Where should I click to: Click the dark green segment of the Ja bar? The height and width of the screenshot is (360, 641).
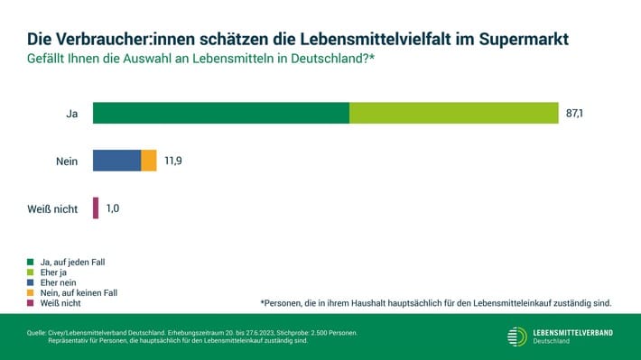pos(221,113)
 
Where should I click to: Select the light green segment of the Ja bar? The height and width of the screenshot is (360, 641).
pos(454,113)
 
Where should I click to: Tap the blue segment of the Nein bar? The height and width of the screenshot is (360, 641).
pos(117,161)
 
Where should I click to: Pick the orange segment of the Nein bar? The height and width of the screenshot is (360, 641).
pos(149,161)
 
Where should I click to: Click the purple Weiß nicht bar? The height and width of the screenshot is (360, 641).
pos(96,208)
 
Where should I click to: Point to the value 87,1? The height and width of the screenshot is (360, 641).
pos(574,113)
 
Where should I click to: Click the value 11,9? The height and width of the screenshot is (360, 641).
pos(173,161)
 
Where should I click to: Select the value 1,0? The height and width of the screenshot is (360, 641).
pos(113,208)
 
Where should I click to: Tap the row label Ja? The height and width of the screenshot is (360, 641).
pos(72,114)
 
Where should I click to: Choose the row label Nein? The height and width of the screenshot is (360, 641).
pos(67,162)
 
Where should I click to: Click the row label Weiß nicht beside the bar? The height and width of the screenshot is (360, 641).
pos(52,209)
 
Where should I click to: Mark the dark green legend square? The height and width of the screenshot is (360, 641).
pos(31,262)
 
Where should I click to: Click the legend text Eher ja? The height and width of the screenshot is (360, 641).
pos(53,272)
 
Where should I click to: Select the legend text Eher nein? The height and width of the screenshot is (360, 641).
pos(58,282)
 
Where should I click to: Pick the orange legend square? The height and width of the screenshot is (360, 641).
pos(31,292)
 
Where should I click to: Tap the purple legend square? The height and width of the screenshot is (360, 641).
pos(31,303)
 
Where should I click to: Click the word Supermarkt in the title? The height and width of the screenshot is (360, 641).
pos(524,39)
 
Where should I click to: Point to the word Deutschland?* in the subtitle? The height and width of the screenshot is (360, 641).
pos(332,59)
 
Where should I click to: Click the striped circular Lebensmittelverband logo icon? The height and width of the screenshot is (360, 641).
pos(517,337)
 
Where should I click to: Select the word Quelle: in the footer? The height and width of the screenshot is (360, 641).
pos(36,333)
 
